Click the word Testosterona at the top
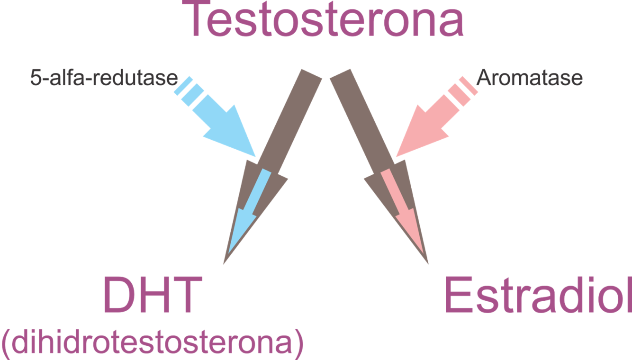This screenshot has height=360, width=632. (x=326, y=20)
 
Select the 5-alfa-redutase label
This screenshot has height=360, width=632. (x=103, y=78)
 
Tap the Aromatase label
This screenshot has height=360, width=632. (x=529, y=79)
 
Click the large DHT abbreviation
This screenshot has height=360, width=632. (x=149, y=296)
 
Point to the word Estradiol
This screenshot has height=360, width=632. (x=538, y=296)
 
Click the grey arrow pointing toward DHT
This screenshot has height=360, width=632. (x=284, y=123)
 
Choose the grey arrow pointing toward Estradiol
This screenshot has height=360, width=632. (x=360, y=123)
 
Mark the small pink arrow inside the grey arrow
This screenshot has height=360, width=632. (x=403, y=208)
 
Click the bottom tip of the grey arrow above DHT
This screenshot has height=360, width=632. (x=225, y=263)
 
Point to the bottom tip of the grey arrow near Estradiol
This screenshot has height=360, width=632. (x=428, y=263)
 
